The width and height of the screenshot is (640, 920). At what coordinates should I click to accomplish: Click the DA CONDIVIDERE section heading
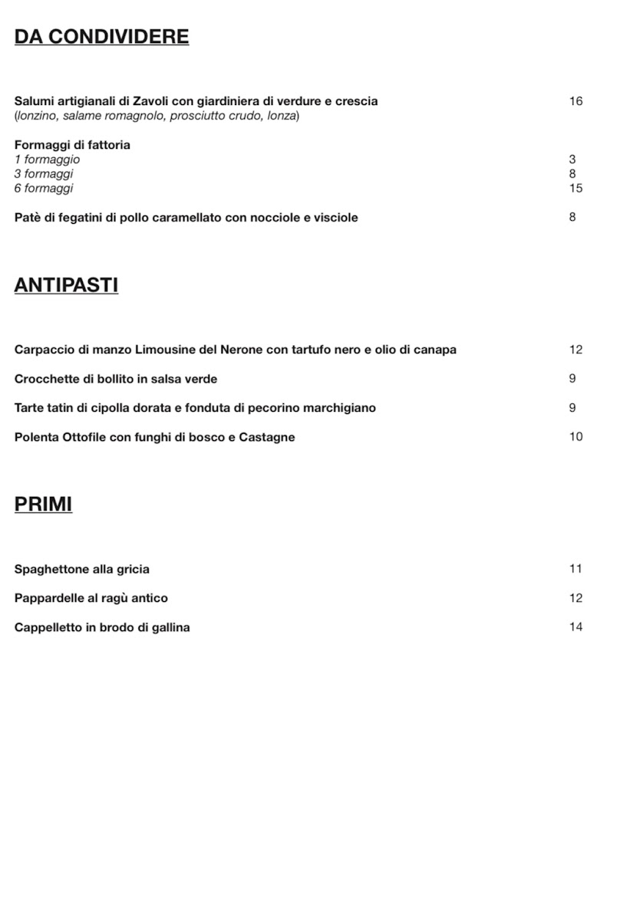click(101, 37)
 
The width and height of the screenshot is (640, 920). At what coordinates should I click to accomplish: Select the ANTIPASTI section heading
click(66, 286)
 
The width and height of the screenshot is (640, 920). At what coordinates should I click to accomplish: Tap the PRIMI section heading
click(43, 504)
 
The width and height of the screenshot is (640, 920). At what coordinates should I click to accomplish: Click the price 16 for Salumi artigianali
click(576, 101)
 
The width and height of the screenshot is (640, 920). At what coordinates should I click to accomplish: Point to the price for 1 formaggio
click(572, 159)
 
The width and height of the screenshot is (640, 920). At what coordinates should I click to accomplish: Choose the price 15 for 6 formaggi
click(576, 189)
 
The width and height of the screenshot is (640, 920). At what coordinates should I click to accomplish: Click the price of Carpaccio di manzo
click(576, 350)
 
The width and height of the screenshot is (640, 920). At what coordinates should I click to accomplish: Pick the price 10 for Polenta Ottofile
click(576, 437)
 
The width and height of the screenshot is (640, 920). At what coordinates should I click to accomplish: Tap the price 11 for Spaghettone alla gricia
click(576, 569)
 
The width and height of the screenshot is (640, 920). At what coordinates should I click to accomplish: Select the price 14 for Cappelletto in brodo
click(576, 627)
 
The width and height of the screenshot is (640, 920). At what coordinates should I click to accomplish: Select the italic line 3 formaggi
click(44, 174)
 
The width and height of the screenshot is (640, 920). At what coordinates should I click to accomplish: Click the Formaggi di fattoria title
click(72, 145)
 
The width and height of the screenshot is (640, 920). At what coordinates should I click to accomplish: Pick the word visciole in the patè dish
click(335, 218)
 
